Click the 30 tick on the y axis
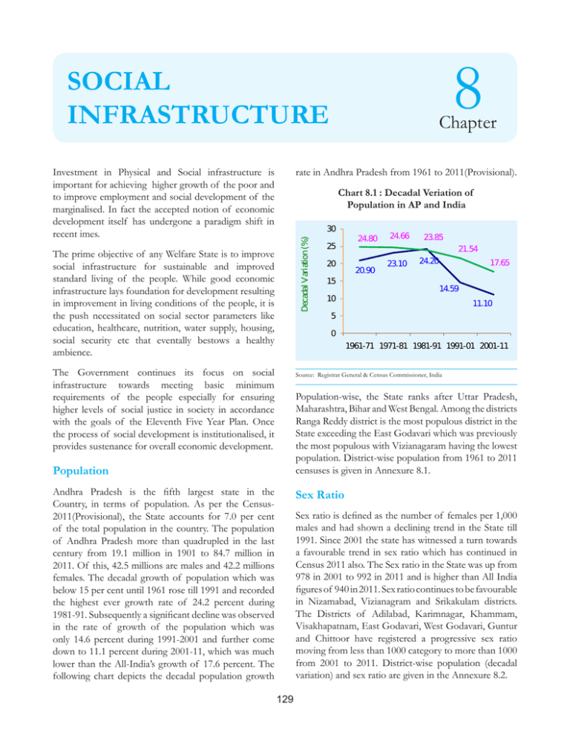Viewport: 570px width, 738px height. (334, 229)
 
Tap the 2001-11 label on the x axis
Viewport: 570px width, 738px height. (488, 346)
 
